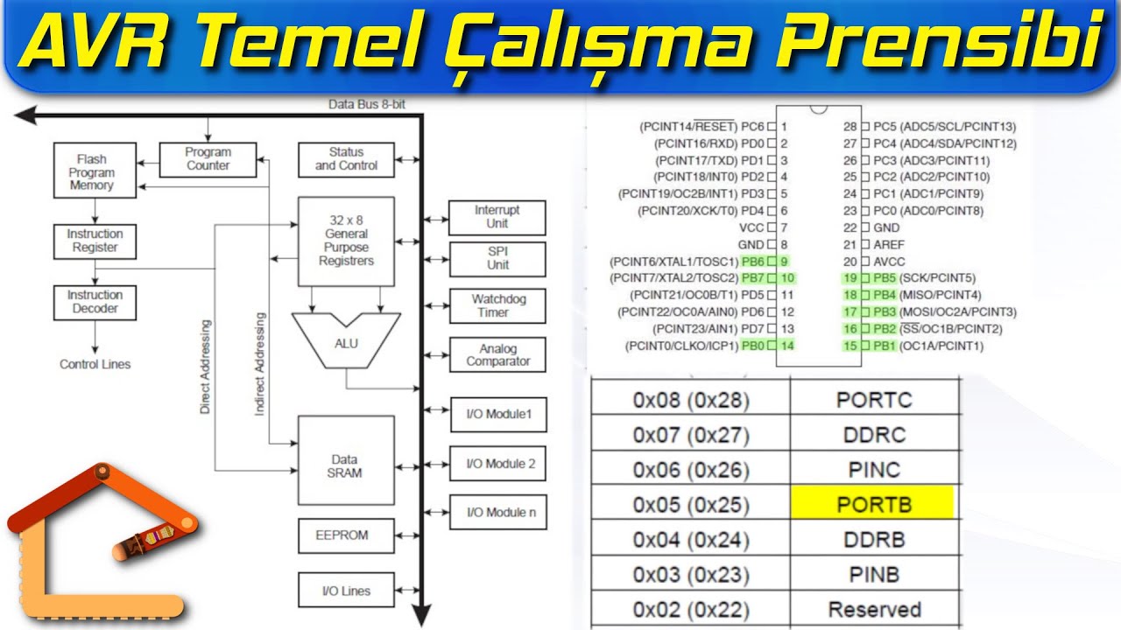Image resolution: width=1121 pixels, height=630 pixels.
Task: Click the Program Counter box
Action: (208, 158)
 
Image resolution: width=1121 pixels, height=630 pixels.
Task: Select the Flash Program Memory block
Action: (91, 172)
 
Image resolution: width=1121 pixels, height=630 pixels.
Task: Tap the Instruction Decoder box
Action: (95, 302)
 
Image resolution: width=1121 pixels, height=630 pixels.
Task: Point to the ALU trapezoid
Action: (346, 342)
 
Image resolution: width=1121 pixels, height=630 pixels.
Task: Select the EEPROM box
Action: (342, 535)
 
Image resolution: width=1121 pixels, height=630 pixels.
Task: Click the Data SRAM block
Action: (345, 465)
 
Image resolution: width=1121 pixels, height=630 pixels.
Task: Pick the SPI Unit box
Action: (497, 258)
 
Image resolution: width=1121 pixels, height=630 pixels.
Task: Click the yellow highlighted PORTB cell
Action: (873, 504)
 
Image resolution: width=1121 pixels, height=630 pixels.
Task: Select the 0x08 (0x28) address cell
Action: (691, 400)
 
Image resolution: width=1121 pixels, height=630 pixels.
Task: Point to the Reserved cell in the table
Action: (873, 609)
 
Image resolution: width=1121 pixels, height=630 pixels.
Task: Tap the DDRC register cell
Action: (873, 435)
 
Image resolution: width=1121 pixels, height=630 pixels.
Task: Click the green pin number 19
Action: (850, 277)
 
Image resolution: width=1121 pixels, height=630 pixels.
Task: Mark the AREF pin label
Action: (888, 244)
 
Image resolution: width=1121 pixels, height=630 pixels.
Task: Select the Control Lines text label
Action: (95, 364)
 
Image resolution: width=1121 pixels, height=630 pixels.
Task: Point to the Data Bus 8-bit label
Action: (366, 104)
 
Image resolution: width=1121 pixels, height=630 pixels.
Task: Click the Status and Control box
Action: (346, 158)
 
